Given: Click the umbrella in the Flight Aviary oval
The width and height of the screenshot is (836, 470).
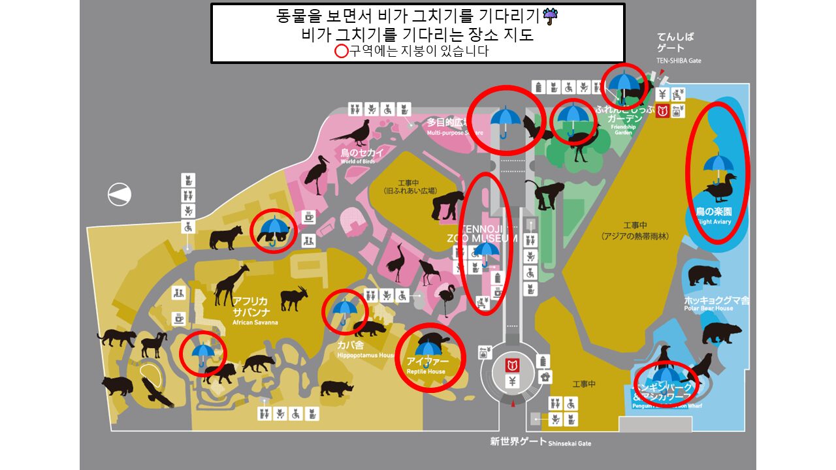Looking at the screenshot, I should [x=718, y=166].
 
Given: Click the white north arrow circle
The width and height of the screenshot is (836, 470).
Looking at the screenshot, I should [x=120, y=194].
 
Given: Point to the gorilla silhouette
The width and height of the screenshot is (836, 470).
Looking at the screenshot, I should [x=448, y=205].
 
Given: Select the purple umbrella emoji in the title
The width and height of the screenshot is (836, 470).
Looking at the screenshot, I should [x=551, y=16].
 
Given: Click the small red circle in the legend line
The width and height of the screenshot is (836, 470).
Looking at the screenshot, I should [x=342, y=52].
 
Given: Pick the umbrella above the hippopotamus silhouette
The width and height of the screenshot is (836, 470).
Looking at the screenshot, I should [x=344, y=309].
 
